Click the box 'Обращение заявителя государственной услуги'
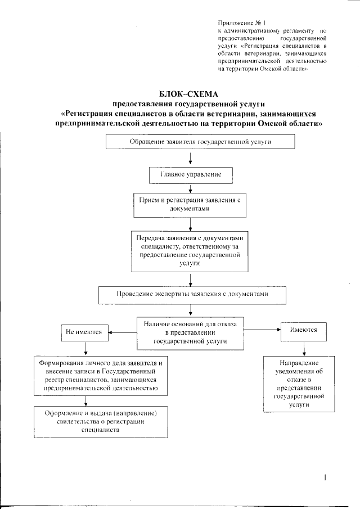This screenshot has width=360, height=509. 201,142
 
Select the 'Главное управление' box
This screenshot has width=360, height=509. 191,175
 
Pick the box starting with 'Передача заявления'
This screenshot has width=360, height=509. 191,250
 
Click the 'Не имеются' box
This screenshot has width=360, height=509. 84,332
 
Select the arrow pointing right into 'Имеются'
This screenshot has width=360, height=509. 263,332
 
